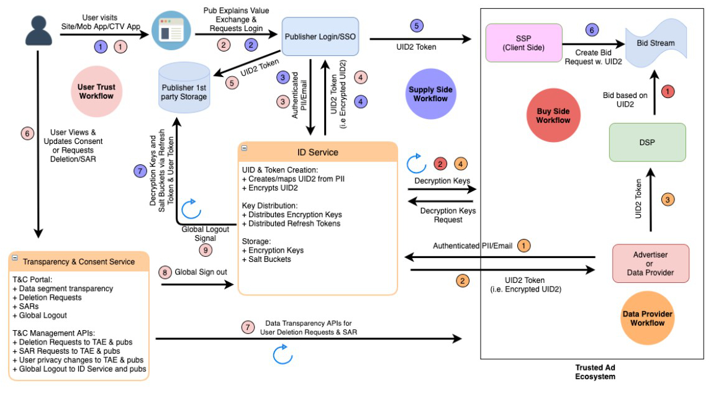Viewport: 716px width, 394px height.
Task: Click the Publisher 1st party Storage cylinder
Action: point(184,87)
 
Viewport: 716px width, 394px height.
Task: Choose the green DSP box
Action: point(647,143)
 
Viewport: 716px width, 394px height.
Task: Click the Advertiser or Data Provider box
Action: point(651,264)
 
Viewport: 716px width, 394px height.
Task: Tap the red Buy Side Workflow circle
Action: point(553,115)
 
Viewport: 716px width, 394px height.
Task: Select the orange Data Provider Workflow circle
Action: point(647,318)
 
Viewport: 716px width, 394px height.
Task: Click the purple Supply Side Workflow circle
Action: point(430,94)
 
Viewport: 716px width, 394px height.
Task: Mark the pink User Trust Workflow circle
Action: point(96,92)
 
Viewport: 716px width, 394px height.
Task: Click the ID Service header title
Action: point(317,152)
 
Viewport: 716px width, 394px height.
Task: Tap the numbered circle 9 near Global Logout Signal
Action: point(206,250)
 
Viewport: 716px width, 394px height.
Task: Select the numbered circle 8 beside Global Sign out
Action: point(165,272)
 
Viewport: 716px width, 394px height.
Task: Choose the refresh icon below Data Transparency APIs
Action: point(281,354)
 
